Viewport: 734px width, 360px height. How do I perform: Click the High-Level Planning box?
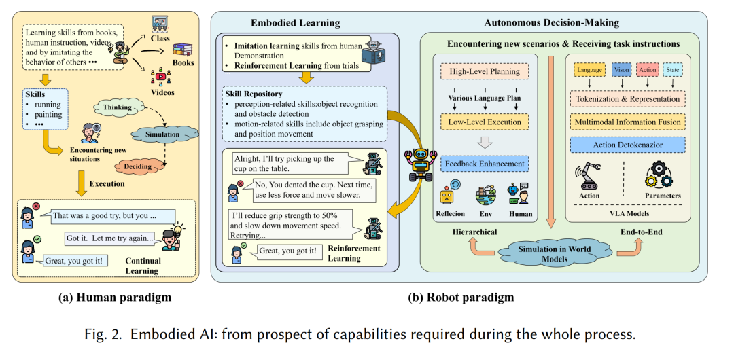(x=485, y=71)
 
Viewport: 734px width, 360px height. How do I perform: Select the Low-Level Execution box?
(x=485, y=122)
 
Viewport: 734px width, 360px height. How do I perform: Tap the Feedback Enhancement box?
(x=485, y=164)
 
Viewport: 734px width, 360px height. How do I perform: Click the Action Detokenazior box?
(x=628, y=145)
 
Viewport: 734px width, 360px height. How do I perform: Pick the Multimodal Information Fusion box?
(x=628, y=122)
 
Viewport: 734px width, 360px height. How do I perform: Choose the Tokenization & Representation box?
(x=628, y=99)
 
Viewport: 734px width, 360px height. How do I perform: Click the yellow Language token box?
(x=589, y=70)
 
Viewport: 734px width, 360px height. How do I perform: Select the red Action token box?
(x=648, y=70)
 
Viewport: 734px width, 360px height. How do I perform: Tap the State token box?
(x=673, y=70)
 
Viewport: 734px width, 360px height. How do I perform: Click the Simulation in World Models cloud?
(x=555, y=253)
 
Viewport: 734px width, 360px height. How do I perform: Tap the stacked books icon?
(x=183, y=50)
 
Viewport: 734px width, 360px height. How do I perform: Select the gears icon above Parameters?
(x=659, y=175)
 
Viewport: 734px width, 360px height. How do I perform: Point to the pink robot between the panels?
(x=421, y=164)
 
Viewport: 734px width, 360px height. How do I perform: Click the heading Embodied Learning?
(x=296, y=23)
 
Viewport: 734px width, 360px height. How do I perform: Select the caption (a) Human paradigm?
(x=115, y=298)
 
